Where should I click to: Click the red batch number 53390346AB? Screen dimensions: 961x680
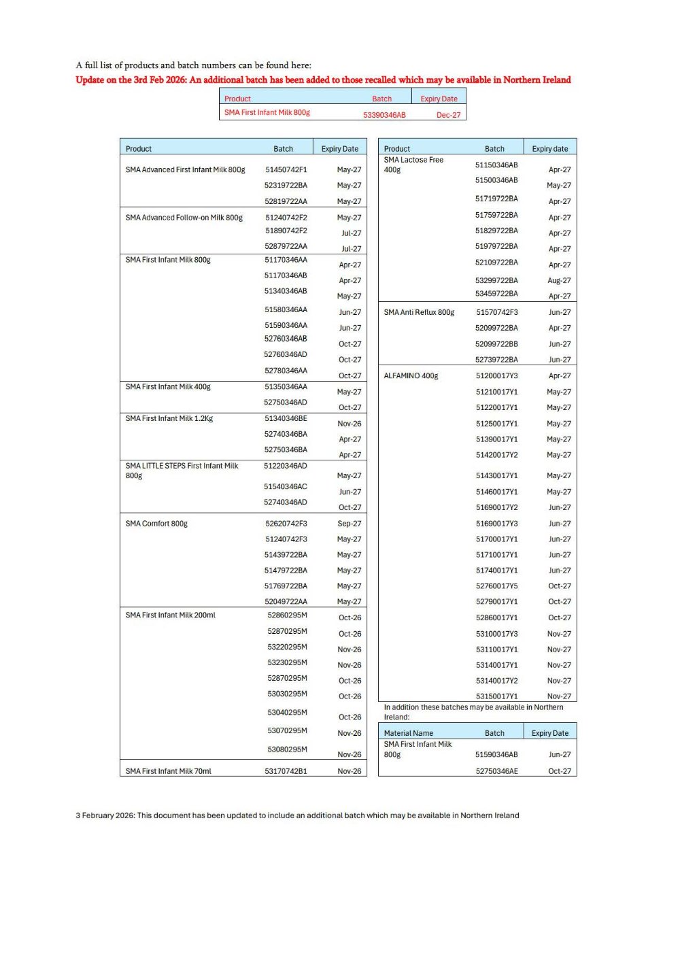click(384, 115)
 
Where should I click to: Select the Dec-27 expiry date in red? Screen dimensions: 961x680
click(448, 115)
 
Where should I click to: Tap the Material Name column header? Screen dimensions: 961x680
click(408, 733)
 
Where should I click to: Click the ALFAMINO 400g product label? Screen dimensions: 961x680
click(411, 375)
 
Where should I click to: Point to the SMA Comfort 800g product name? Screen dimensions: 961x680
click(156, 524)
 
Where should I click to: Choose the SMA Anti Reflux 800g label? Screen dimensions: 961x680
click(419, 312)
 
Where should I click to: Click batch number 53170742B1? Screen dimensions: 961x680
click(286, 771)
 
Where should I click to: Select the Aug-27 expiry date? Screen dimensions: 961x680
click(559, 280)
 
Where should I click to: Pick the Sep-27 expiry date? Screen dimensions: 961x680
click(350, 524)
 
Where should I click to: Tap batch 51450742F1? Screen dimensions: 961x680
click(286, 169)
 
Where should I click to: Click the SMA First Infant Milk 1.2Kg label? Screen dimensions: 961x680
click(169, 418)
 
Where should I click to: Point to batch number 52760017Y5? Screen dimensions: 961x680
click(496, 586)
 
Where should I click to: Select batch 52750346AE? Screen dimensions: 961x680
click(496, 771)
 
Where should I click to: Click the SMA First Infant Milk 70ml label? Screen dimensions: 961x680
click(168, 771)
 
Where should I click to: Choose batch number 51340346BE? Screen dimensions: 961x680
click(286, 418)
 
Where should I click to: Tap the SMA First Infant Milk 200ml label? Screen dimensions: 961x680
click(170, 615)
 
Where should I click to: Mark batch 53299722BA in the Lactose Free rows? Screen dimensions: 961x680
click(496, 280)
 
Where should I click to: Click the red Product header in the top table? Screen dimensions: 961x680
click(237, 99)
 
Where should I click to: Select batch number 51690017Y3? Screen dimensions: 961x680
click(496, 524)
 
